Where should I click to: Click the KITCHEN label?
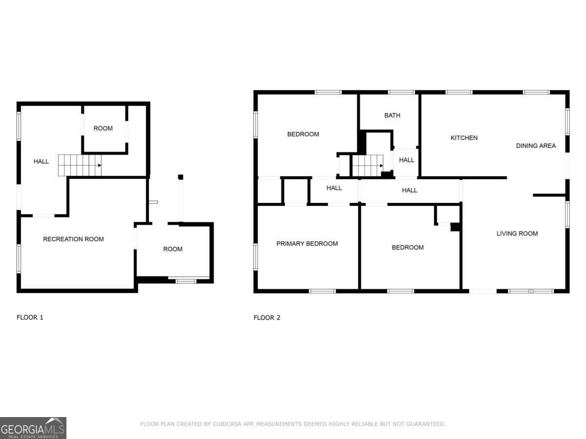click(x=464, y=138)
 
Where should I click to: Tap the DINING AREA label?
click(x=536, y=146)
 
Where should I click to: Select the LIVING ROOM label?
click(x=517, y=234)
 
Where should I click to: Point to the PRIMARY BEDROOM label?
click(x=307, y=244)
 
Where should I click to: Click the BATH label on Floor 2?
click(x=392, y=116)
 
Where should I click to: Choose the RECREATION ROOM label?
click(x=73, y=239)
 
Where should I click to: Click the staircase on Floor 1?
click(x=80, y=165)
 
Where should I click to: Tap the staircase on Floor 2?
click(x=368, y=165)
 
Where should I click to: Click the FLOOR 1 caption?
click(x=30, y=318)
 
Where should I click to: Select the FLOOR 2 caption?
click(x=267, y=318)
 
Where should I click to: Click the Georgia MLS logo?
click(x=33, y=428)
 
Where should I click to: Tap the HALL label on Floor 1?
click(x=41, y=161)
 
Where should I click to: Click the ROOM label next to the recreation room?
click(x=172, y=249)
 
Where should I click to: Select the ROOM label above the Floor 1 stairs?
click(x=103, y=129)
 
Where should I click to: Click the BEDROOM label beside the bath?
click(x=303, y=134)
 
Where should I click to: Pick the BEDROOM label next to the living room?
click(x=408, y=248)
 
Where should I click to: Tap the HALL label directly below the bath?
click(x=407, y=160)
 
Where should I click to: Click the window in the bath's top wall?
click(x=401, y=92)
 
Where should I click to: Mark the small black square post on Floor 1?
click(x=180, y=177)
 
